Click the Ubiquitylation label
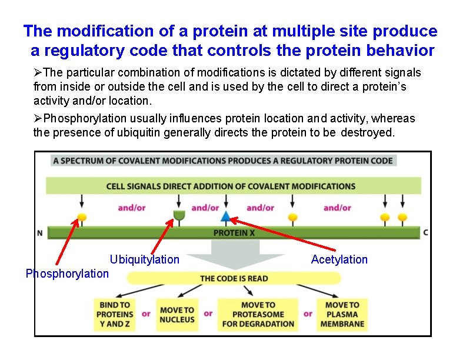[144, 259]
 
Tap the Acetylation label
[339, 259]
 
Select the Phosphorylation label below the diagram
[67, 274]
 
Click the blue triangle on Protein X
[225, 217]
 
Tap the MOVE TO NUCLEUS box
[177, 314]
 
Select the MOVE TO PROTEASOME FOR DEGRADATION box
[258, 314]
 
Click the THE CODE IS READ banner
[234, 278]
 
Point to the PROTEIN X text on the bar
[234, 233]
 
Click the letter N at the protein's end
[40, 233]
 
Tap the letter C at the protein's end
[425, 232]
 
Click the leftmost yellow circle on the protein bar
[82, 218]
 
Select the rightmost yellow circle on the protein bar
[402, 218]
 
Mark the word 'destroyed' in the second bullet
[368, 132]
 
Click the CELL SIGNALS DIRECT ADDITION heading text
[231, 186]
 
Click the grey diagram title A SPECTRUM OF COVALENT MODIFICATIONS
[223, 161]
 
